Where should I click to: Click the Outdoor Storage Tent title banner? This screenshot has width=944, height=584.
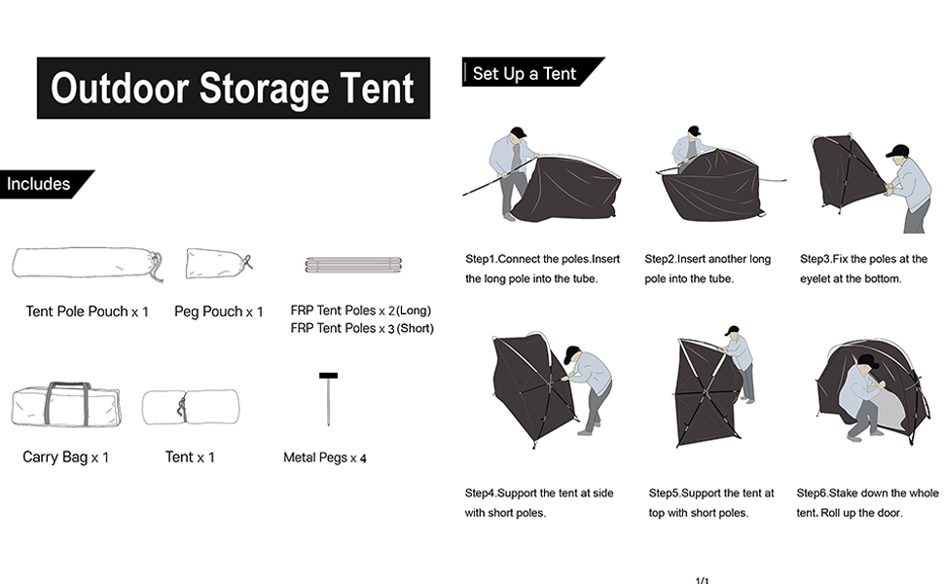click(233, 88)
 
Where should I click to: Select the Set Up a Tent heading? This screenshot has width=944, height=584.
click(526, 73)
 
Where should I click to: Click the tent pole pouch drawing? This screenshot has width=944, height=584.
click(86, 264)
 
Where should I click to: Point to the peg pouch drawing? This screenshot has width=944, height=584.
click(218, 262)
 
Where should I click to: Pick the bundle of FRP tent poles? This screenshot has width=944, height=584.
click(353, 265)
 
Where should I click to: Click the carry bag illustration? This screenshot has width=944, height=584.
click(65, 405)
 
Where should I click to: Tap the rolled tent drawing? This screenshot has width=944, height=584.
click(190, 407)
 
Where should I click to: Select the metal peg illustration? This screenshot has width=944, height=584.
click(328, 399)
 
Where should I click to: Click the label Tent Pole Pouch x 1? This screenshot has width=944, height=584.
click(88, 312)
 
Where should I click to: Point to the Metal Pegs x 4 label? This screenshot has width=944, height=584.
click(325, 457)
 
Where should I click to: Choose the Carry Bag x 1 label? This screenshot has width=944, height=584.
click(66, 456)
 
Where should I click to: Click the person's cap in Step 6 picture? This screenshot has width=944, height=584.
click(867, 362)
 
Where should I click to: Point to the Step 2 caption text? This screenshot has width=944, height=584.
click(708, 269)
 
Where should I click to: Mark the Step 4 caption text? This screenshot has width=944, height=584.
click(538, 503)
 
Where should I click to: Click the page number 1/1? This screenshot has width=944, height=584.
click(703, 580)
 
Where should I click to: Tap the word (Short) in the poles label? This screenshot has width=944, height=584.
click(414, 329)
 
